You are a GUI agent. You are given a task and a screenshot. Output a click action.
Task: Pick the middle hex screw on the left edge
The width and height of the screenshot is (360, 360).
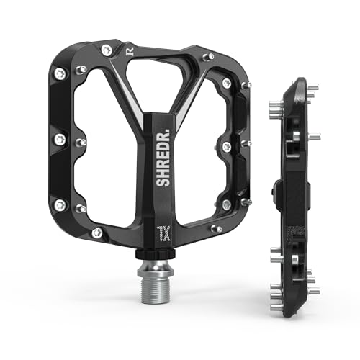[58, 138]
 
